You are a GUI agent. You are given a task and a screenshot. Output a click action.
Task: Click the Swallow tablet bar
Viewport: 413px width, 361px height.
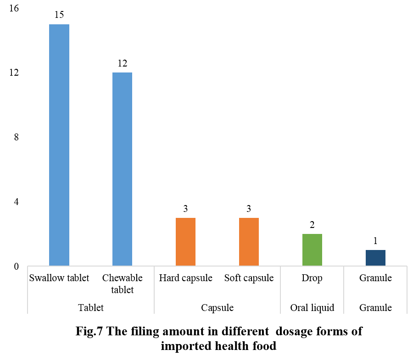point(59,145)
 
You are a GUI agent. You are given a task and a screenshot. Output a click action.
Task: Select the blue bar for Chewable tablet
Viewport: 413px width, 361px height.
point(122,169)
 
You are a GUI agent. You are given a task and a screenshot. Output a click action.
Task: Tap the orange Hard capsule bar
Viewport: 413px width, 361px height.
point(185,242)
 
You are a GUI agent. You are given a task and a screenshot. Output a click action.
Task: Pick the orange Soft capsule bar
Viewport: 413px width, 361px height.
point(249,242)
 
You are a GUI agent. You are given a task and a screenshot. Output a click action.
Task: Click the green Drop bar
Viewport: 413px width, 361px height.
point(312,250)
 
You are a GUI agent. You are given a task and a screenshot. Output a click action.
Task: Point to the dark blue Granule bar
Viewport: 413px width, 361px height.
point(375,258)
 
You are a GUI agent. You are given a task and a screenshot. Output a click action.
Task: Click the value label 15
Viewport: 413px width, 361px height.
point(59,15)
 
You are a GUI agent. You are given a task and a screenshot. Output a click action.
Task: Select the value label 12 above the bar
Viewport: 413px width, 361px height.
point(122,63)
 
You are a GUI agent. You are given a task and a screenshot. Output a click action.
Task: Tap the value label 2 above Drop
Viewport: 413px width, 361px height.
point(312,225)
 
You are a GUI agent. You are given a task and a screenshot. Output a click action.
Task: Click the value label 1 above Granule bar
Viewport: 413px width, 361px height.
point(375,241)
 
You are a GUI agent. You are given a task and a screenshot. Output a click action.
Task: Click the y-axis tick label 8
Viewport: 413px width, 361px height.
point(16,137)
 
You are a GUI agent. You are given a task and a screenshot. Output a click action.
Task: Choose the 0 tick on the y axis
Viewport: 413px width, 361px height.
point(16,266)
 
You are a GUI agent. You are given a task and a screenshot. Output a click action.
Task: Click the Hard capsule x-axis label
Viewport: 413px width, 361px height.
point(185,278)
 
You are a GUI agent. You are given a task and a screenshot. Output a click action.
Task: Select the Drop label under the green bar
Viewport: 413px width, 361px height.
point(312,278)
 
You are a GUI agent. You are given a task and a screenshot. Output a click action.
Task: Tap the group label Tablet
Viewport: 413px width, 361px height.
point(90,307)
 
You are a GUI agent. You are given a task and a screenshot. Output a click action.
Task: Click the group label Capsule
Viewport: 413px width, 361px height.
point(217,307)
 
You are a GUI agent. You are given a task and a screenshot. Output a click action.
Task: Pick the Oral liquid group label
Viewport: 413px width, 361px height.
point(312,307)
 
